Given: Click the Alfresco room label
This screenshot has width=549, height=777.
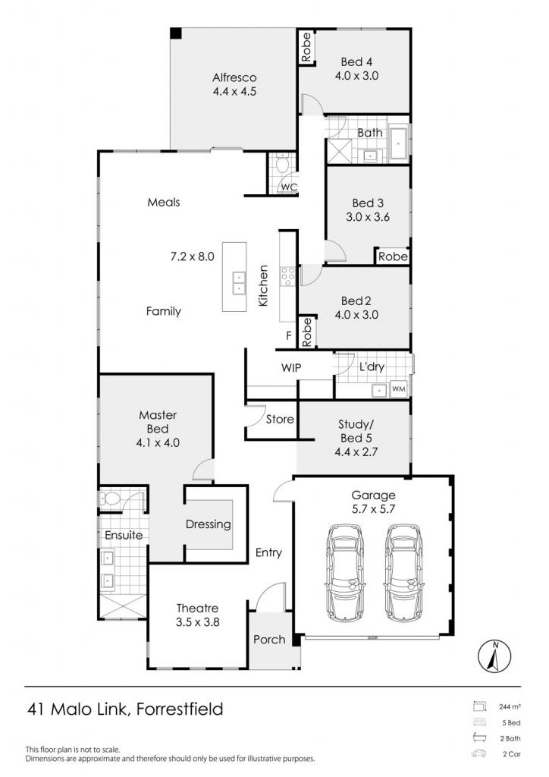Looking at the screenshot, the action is (234, 78).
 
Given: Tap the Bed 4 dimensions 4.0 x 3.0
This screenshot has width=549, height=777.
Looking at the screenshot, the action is (356, 76).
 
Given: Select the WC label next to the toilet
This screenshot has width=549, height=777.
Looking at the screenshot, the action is (289, 187).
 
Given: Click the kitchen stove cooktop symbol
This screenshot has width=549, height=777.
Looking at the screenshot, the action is (288, 276).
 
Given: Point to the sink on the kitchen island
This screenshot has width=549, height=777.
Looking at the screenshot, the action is (239, 283).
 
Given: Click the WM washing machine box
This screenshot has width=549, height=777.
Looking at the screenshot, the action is (399, 389).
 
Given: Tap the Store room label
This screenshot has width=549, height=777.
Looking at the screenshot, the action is (280, 419).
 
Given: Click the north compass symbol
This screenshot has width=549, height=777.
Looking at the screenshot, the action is (494, 657).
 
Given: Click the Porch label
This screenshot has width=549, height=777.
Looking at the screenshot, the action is (269, 639).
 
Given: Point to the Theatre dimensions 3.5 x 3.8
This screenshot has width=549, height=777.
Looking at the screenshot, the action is (197, 622).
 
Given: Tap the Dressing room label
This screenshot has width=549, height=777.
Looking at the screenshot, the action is (209, 524).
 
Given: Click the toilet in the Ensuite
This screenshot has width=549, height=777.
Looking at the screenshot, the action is (111, 499).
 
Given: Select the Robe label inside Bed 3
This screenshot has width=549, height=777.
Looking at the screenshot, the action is (393, 256).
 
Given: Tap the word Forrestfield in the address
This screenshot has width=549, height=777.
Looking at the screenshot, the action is (180, 709).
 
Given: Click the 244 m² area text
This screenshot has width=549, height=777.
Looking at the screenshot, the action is (510, 707).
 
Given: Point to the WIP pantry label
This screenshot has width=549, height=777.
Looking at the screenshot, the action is (291, 368).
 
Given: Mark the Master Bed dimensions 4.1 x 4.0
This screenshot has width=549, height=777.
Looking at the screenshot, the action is (158, 443).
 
